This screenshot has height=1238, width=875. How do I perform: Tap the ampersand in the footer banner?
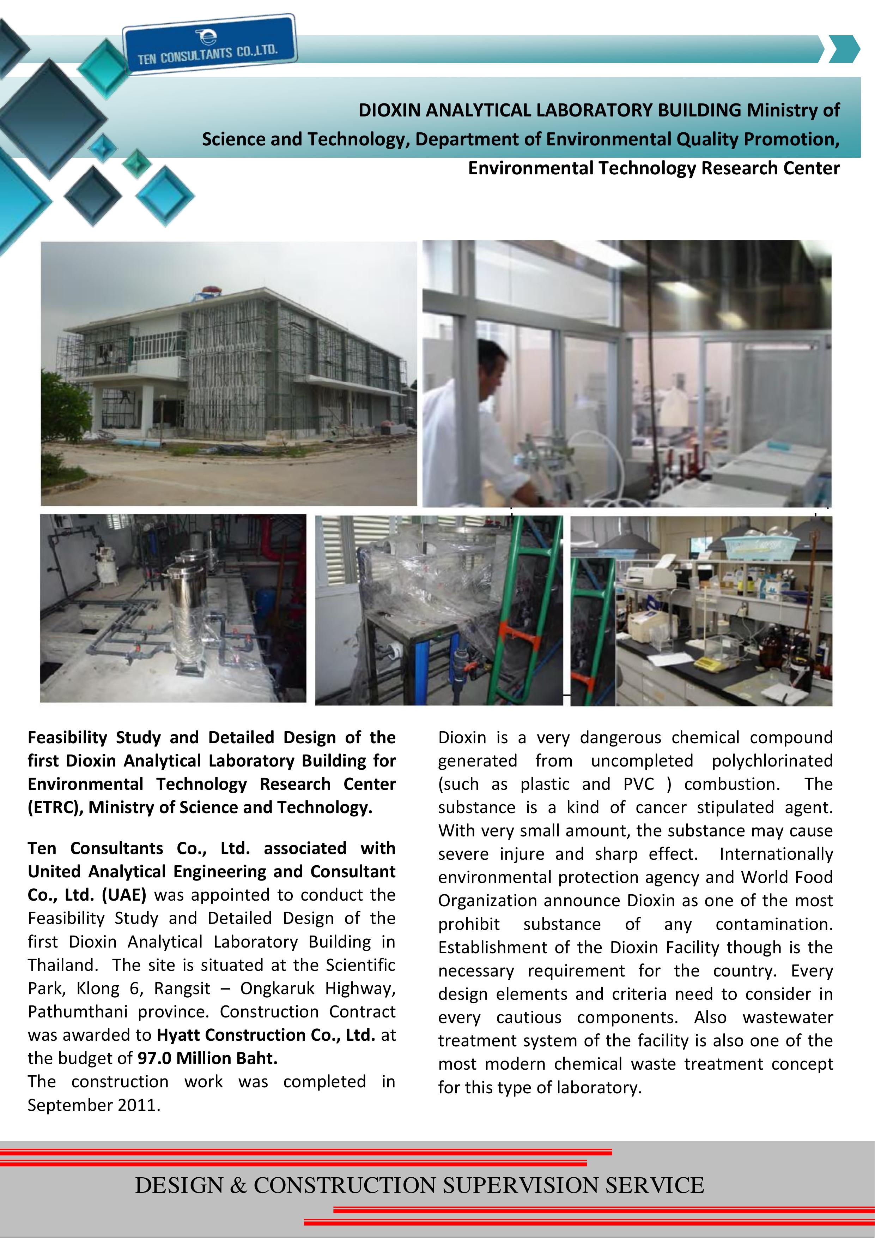click(238, 1185)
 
